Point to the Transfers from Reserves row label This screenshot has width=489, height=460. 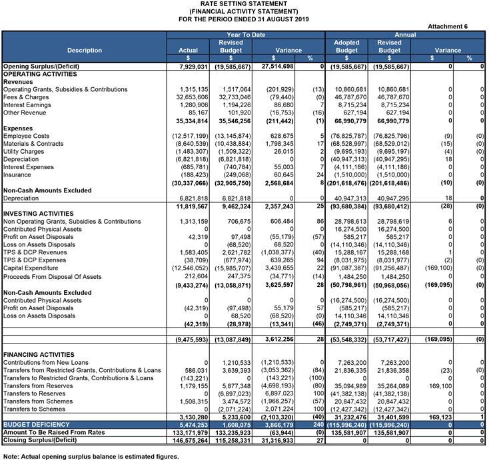[39, 386]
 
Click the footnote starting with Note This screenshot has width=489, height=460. [91, 456]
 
